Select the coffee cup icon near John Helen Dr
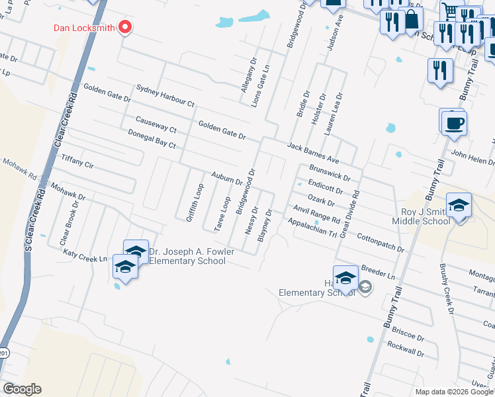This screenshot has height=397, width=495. coord(454,123)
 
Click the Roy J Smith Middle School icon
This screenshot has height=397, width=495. coord(459,206)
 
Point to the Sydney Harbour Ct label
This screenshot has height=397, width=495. coord(165,95)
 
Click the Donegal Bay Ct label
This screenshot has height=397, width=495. coord(152,139)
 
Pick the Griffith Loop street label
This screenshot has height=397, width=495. coord(195,202)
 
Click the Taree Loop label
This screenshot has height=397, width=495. coord(222,213)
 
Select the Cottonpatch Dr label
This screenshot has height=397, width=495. coord(380,242)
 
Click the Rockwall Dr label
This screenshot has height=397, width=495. coord(405,349)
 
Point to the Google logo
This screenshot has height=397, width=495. coord(22,389)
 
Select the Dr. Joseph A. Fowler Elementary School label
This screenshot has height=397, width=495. coord(187,256)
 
